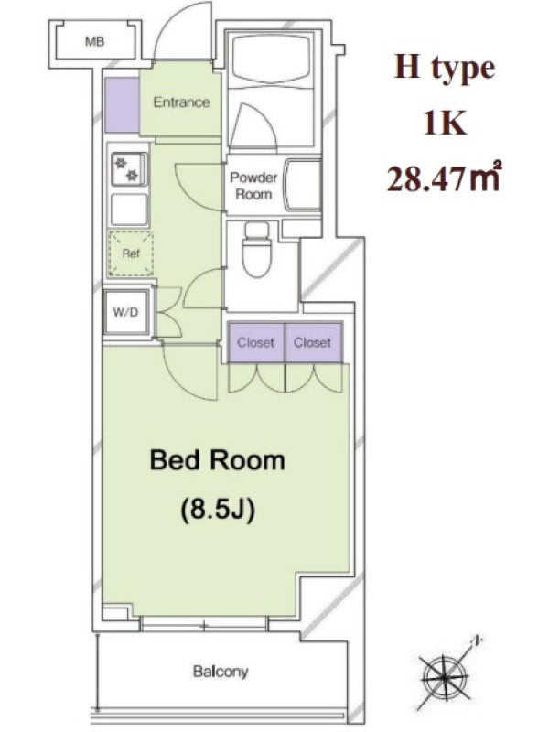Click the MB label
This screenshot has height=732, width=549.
click(95, 42)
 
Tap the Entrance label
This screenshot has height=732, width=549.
click(181, 102)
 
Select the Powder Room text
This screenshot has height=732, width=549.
click(253, 186)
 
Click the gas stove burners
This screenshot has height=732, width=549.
click(127, 169)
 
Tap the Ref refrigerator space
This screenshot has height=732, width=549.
click(131, 253)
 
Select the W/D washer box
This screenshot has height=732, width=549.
click(126, 312)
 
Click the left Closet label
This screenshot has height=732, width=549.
click(255, 342)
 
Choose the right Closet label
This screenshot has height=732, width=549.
click(312, 342)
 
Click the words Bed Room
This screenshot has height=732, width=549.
click(217, 460)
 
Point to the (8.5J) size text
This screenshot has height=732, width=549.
click(218, 510)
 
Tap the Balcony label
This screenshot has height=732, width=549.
click(221, 672)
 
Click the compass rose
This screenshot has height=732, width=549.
click(446, 672)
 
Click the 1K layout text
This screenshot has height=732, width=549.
click(445, 123)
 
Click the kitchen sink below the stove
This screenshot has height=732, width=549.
click(129, 210)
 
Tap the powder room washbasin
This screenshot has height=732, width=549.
click(304, 186)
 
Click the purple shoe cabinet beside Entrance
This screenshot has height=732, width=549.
click(122, 105)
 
